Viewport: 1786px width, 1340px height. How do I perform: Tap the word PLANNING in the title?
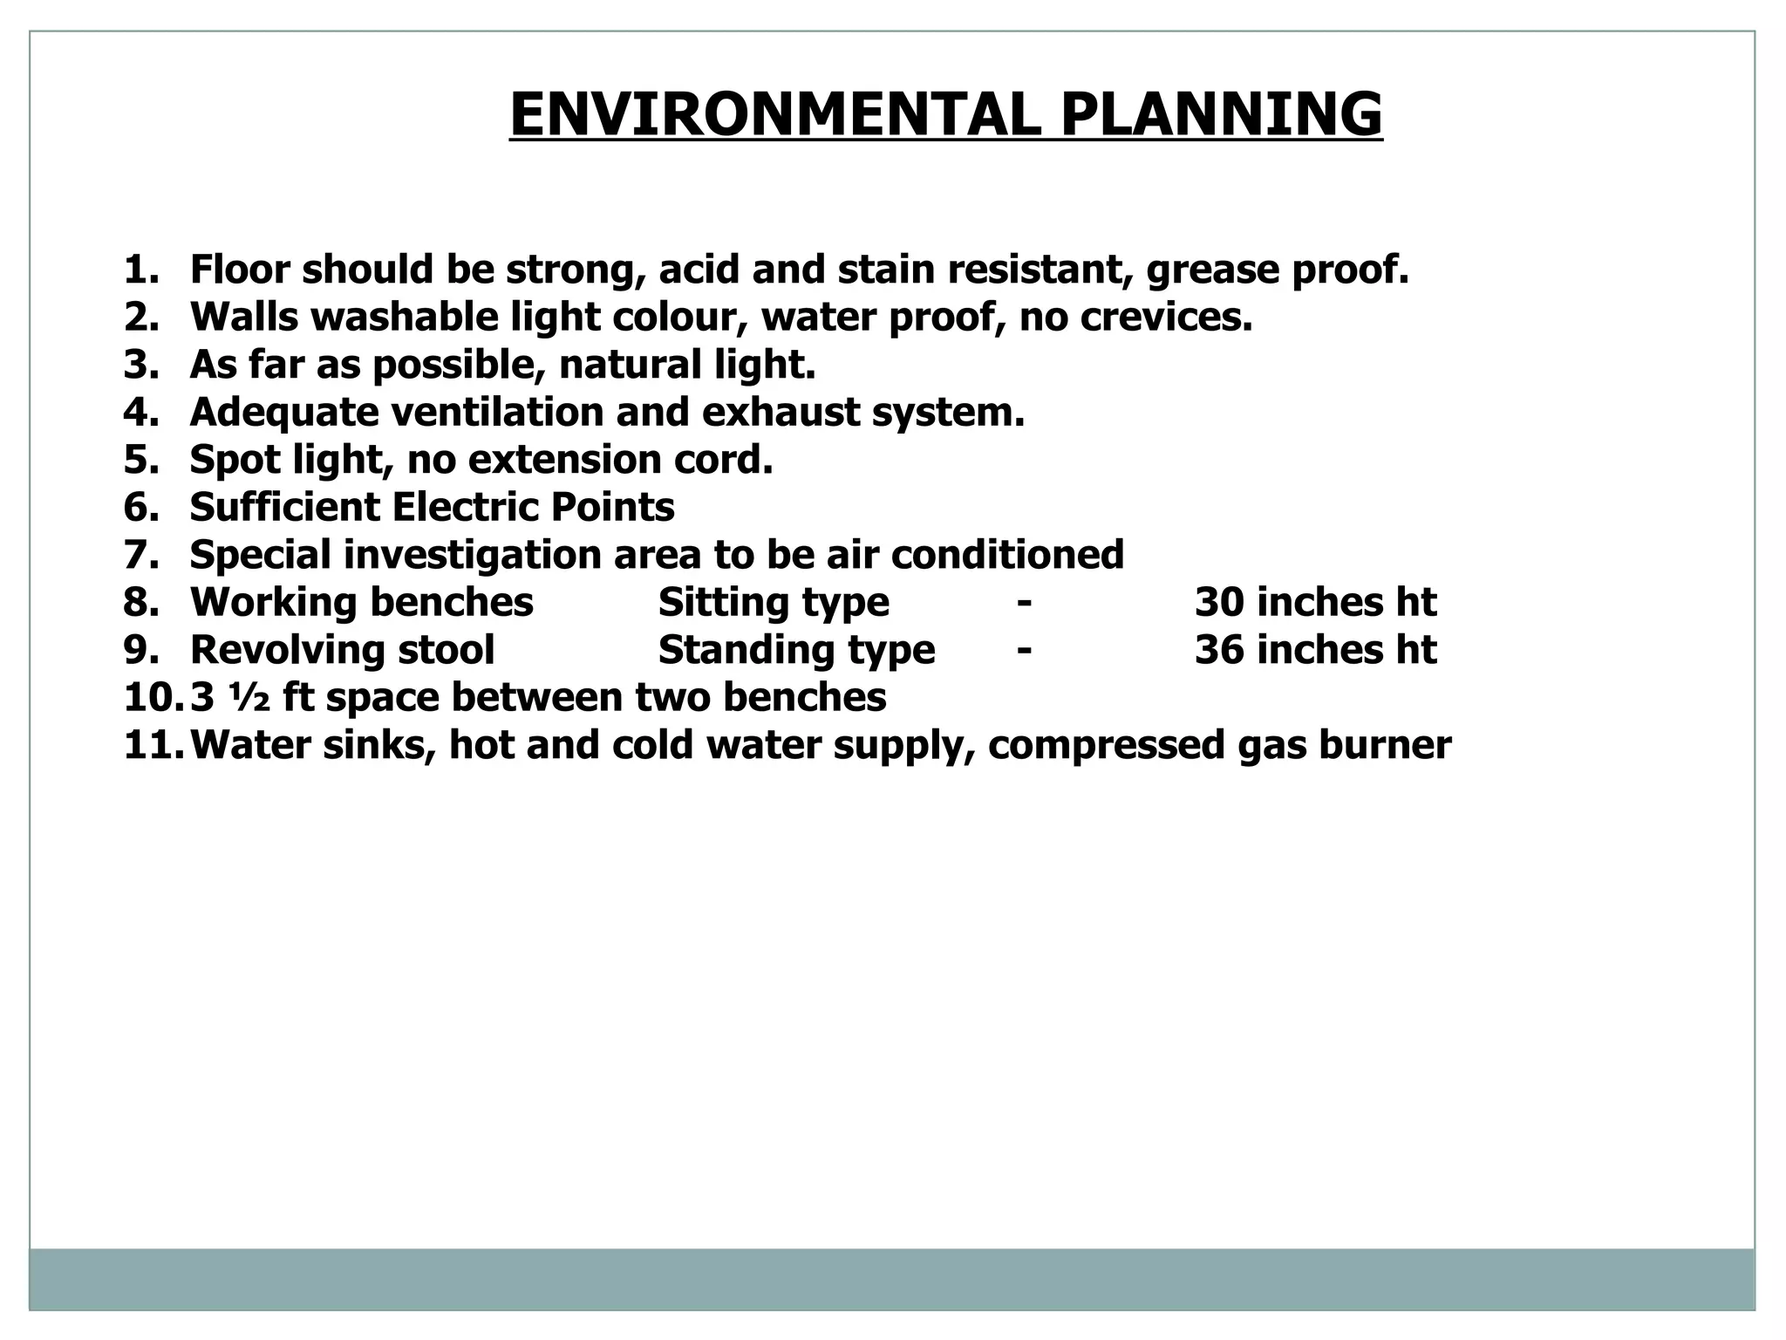pyautogui.click(x=1221, y=114)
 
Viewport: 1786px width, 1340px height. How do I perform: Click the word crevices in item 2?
pyautogui.click(x=1166, y=318)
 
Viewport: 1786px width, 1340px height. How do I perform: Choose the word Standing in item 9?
pyautogui.click(x=727, y=651)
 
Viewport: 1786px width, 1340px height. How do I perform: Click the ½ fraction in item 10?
pyautogui.click(x=250, y=698)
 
